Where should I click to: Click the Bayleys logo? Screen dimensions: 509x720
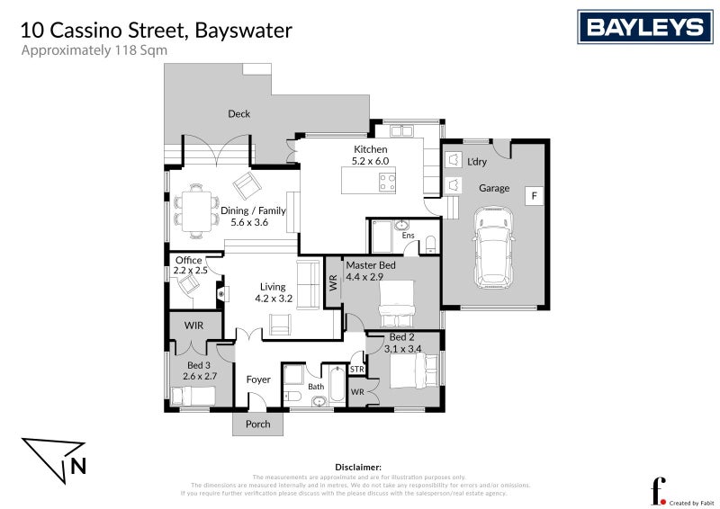[x=644, y=27]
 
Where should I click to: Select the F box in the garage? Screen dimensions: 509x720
[x=533, y=195]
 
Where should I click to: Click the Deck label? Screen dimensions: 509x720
[x=238, y=114]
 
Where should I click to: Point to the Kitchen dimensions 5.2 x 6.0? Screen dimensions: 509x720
[x=370, y=161]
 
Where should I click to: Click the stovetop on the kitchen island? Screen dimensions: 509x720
[x=387, y=183]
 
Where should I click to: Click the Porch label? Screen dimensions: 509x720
[x=257, y=424]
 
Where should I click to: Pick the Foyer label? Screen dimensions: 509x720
[x=258, y=380]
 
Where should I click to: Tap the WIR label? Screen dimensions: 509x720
[x=193, y=325]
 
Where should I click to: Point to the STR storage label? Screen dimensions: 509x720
[x=357, y=370]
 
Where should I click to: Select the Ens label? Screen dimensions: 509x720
[x=408, y=236]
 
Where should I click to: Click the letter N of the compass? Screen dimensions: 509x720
[x=78, y=466]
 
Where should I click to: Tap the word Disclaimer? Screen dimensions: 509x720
[x=358, y=468]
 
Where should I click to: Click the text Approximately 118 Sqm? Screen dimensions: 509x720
[x=94, y=50]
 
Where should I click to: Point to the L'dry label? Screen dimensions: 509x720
[x=477, y=162]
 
